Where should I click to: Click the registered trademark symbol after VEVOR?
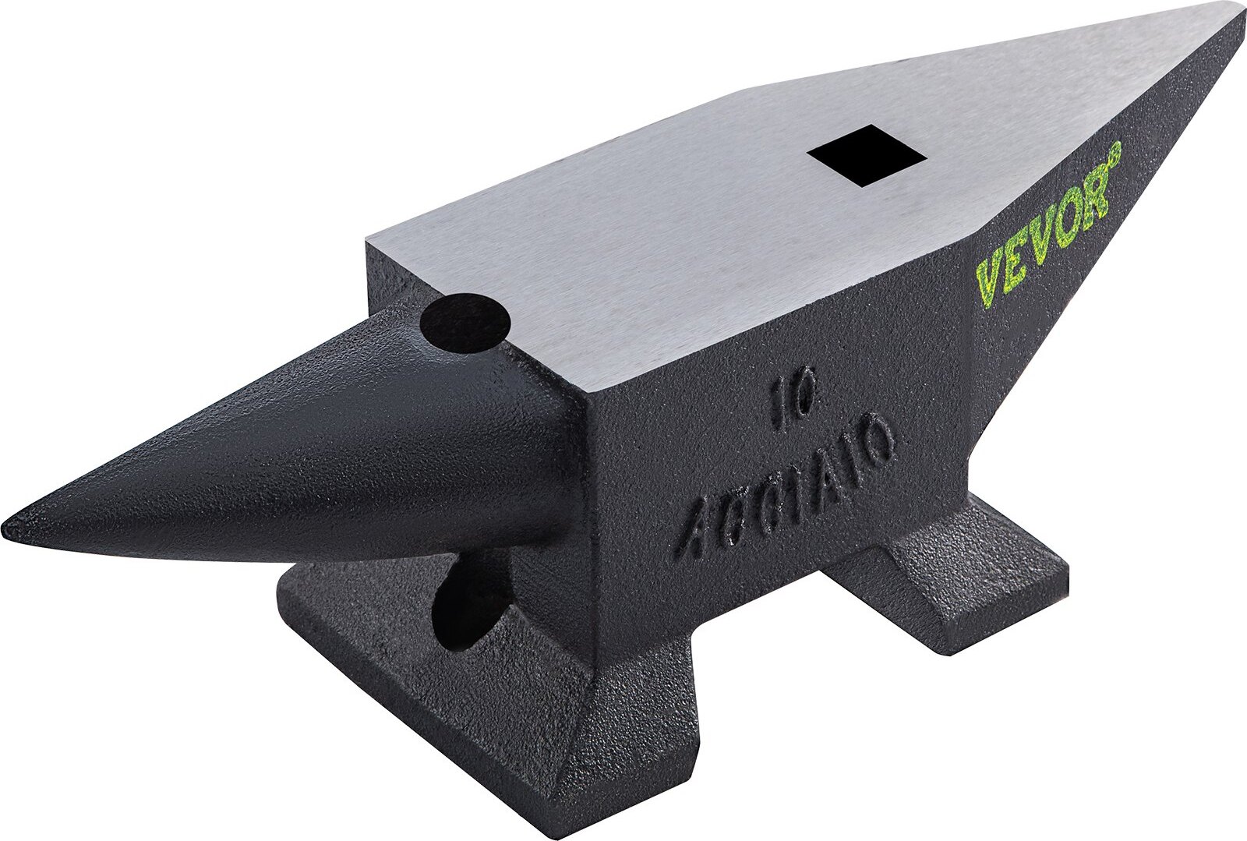tap(1114, 150)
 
